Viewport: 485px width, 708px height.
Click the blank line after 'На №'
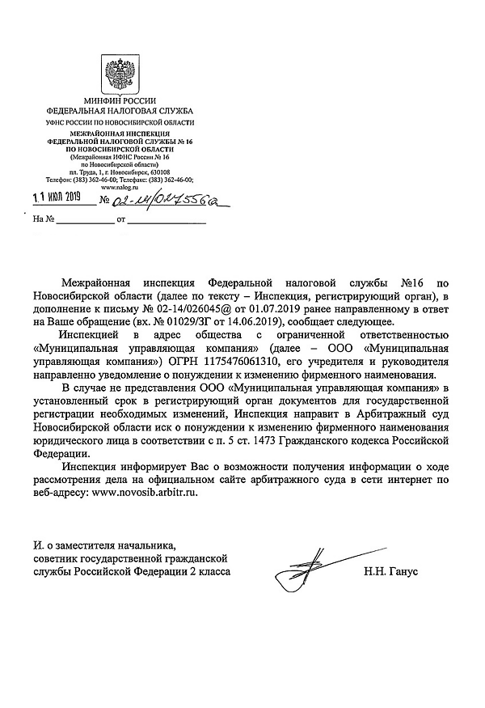[84, 219]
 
